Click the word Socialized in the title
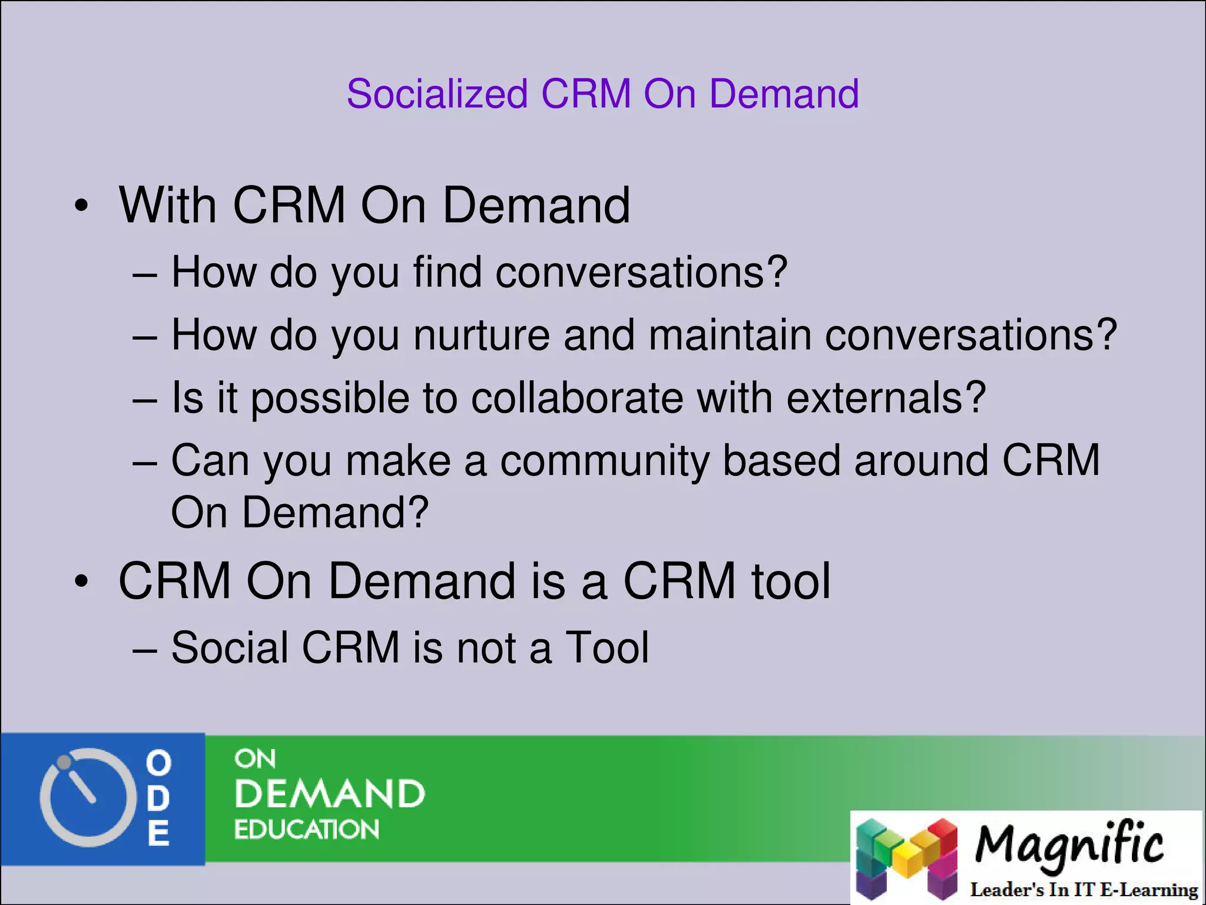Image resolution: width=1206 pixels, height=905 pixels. pos(437,94)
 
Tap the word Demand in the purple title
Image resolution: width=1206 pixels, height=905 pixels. pos(784,94)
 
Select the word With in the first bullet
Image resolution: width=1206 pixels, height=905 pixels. pos(168,205)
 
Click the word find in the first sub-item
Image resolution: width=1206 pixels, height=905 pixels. pos(448,272)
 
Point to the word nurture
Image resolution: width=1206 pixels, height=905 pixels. pos(481,335)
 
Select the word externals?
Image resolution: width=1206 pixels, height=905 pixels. pos(886,398)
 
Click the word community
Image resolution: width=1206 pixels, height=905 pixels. pos(604,461)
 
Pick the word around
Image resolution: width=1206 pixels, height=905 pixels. pos(920,461)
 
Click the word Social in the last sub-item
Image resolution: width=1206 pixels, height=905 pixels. pos(229,648)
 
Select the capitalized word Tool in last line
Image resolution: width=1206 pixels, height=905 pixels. pos(607,648)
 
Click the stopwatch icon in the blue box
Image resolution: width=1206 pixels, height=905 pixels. pos(84,798)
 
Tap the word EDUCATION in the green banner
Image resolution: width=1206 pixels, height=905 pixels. pos(306,830)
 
